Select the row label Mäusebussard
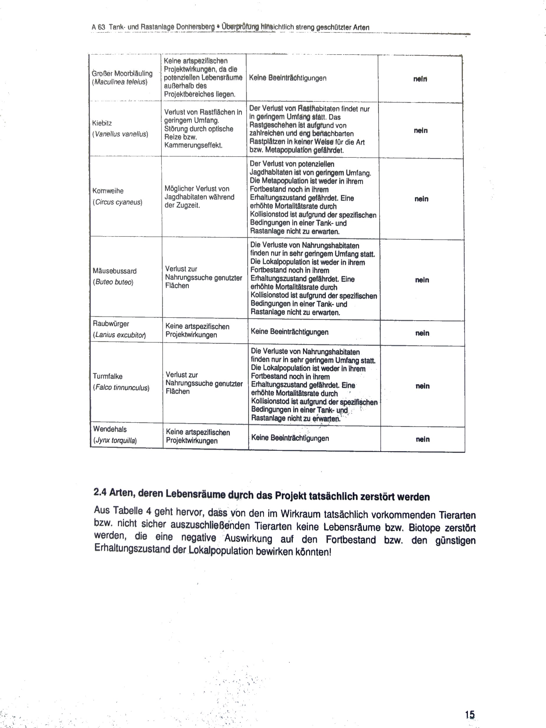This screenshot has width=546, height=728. point(114,271)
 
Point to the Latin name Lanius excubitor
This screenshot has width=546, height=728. point(119,335)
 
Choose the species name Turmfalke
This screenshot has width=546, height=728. point(108,376)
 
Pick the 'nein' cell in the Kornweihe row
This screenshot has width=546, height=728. point(421,199)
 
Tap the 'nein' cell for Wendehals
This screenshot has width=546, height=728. point(423,439)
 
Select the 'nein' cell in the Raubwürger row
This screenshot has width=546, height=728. point(422,333)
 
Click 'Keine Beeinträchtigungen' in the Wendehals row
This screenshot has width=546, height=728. point(290,438)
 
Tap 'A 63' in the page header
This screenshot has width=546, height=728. point(98,27)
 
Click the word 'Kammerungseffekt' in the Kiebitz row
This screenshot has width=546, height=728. point(193,145)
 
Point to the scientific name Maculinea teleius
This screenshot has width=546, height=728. point(120,82)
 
